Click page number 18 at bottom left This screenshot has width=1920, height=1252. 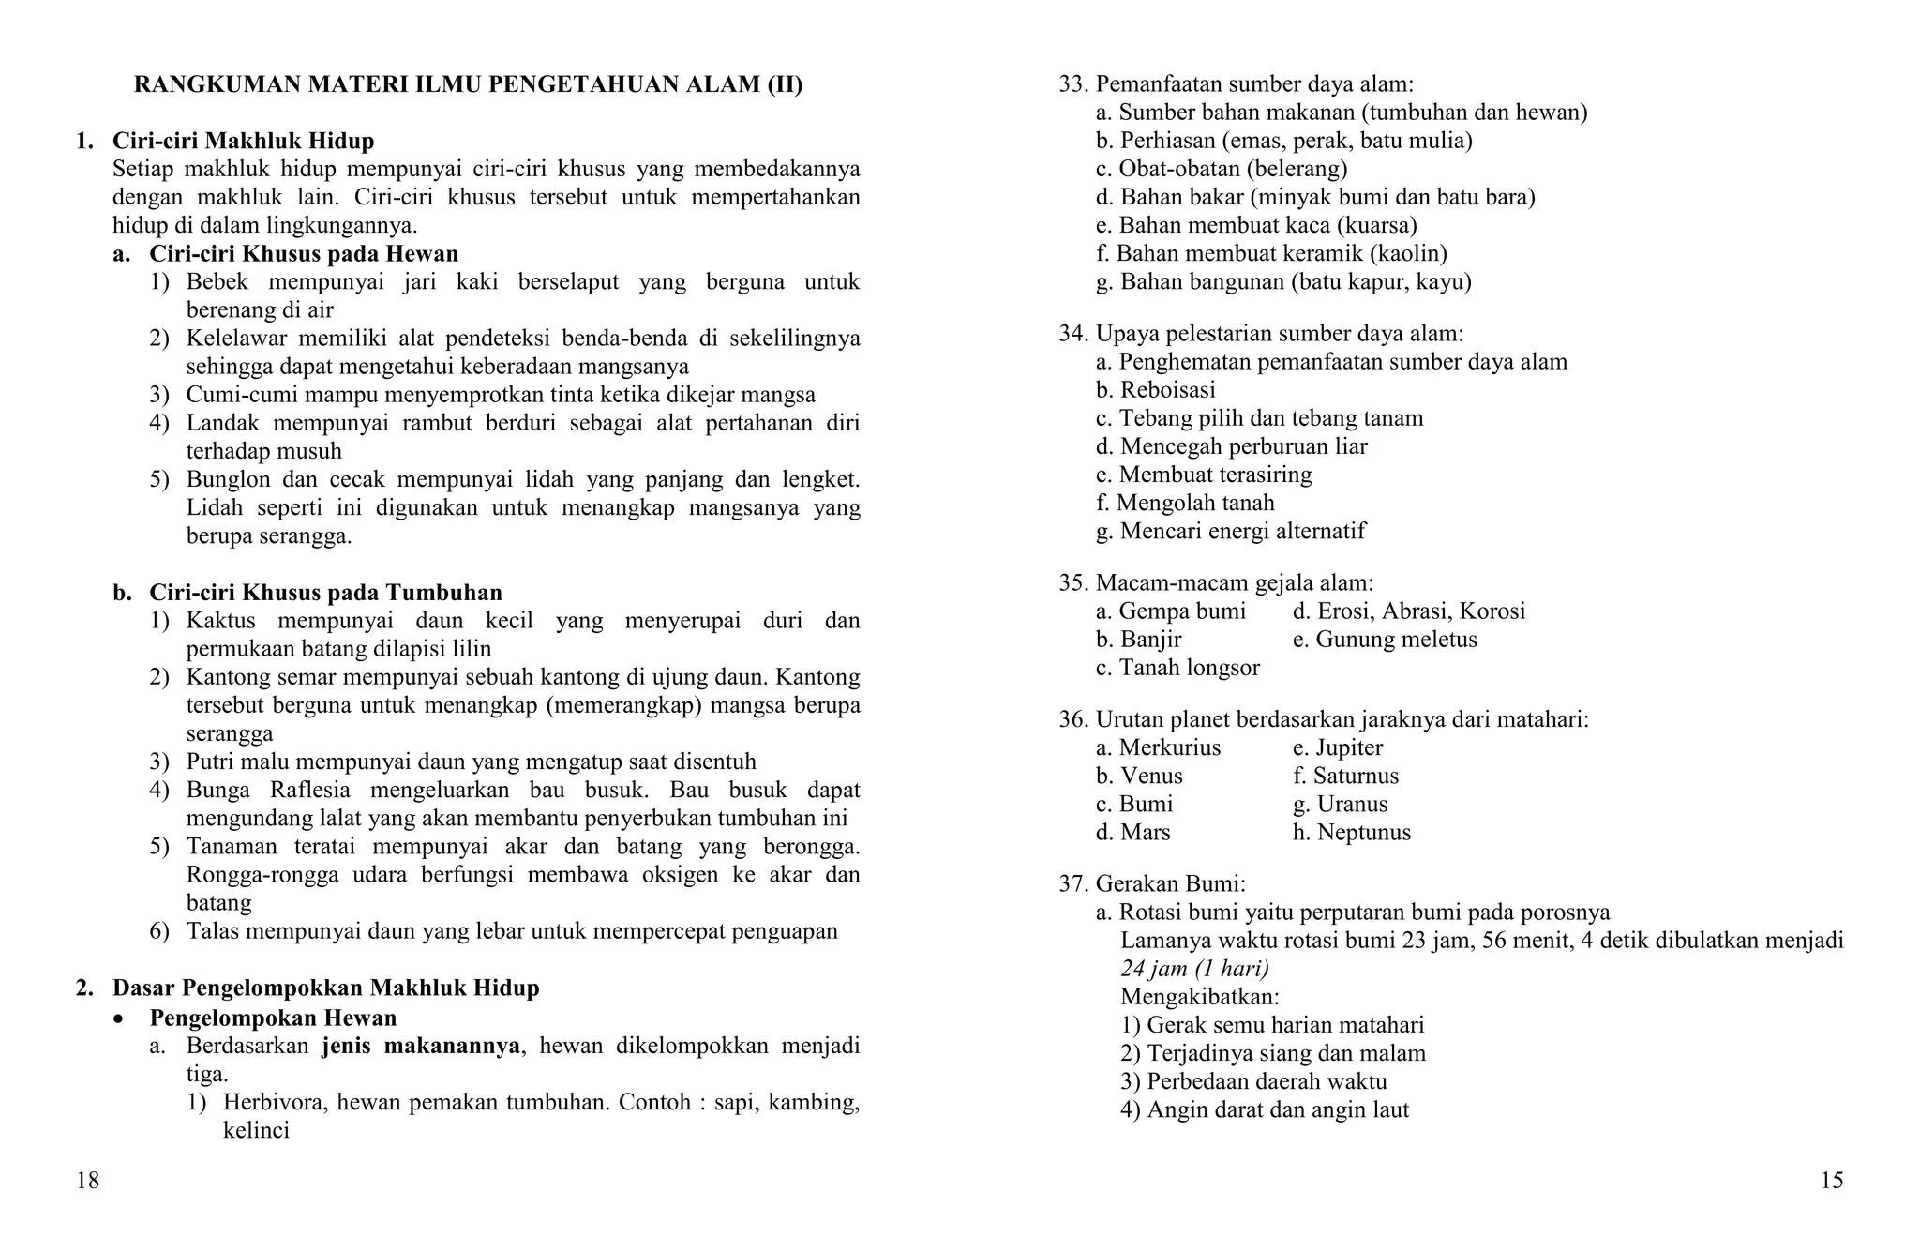click(x=87, y=1181)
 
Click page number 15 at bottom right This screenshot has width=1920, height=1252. click(x=1831, y=1181)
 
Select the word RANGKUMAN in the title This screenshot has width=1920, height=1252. click(x=217, y=84)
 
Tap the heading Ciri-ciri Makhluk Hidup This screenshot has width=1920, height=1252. click(x=243, y=141)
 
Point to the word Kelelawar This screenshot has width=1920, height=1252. click(x=232, y=339)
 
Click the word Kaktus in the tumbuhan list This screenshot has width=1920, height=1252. click(x=221, y=621)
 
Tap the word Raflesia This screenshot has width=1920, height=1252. click(x=308, y=790)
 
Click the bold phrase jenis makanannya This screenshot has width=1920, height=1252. click(x=421, y=1046)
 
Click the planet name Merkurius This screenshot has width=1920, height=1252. click(x=1169, y=747)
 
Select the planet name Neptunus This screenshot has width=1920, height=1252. click(x=1363, y=832)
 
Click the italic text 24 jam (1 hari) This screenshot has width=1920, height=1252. click(x=1194, y=969)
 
